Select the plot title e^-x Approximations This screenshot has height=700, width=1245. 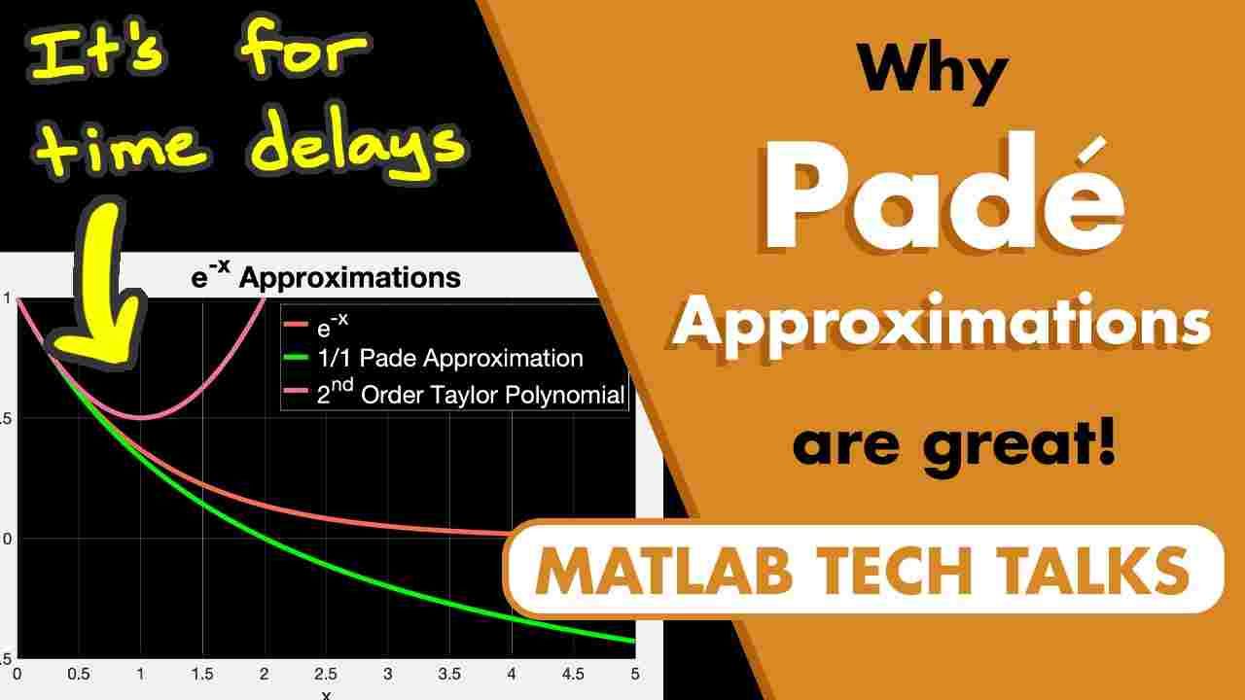325,277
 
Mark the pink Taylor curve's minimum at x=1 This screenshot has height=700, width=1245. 141,417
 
